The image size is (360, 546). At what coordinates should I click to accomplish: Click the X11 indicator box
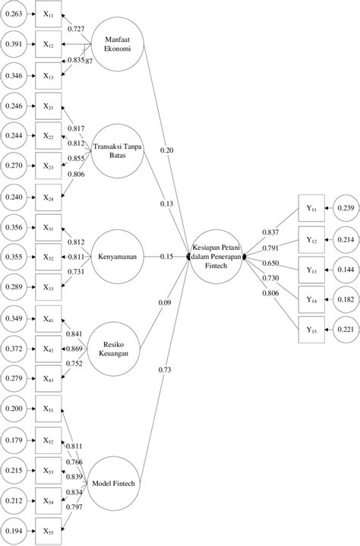[x=48, y=14]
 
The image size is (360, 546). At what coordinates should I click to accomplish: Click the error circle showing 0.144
[x=345, y=269]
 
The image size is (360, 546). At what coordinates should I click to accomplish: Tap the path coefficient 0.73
[x=166, y=369]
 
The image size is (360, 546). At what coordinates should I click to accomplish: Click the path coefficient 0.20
[x=166, y=150]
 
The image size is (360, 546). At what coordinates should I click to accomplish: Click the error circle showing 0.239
[x=345, y=208]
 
